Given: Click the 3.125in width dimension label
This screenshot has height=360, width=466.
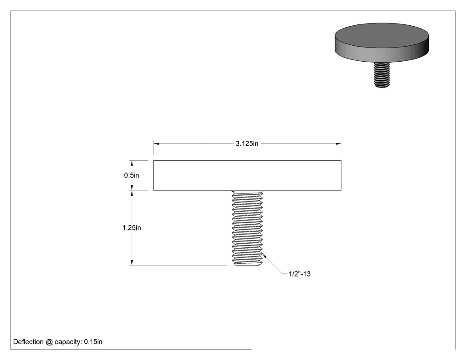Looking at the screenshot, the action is click(247, 143).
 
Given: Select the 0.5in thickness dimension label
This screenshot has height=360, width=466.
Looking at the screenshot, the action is click(131, 175).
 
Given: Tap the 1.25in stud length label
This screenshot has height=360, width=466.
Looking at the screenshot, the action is click(132, 228).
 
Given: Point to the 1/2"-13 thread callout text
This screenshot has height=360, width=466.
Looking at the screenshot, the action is click(300, 274).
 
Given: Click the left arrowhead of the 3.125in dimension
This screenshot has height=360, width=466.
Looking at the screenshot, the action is click(156, 143).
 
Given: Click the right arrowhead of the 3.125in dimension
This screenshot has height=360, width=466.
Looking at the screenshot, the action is click(338, 143).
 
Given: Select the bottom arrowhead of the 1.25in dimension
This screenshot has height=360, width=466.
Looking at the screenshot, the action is click(132, 262).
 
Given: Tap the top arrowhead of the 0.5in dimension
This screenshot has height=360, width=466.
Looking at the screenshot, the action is click(132, 163).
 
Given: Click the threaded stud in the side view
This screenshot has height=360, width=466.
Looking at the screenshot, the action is click(247, 228).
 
